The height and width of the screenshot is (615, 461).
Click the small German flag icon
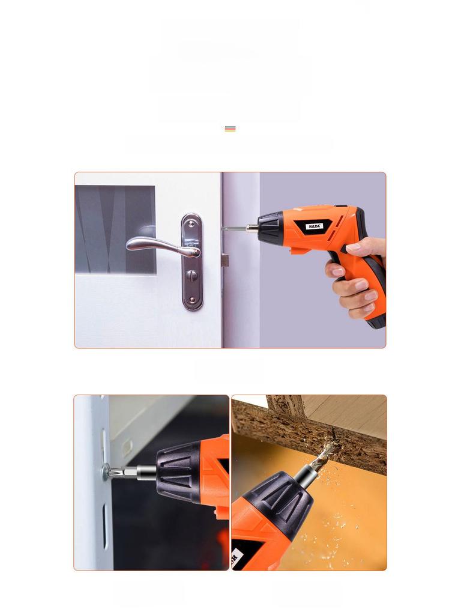(x=230, y=129)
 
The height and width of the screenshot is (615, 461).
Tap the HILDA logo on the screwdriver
(x=315, y=226)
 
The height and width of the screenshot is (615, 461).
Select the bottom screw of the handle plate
(x=192, y=299)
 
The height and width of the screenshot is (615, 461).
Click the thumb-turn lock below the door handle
(x=192, y=276)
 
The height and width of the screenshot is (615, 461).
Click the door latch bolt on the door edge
(x=225, y=260)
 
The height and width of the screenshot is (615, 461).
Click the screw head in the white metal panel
(x=106, y=470)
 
